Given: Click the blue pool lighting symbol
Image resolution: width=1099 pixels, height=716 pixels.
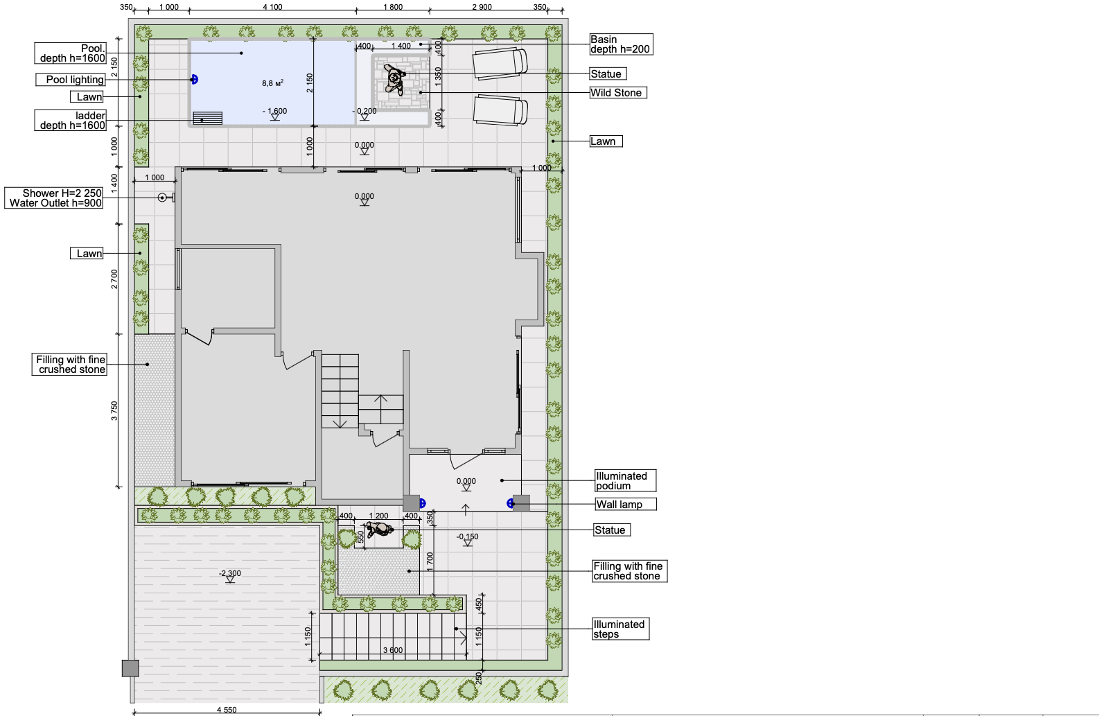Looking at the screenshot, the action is point(194,80).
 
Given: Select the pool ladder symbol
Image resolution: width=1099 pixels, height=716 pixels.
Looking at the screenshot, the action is point(207,118).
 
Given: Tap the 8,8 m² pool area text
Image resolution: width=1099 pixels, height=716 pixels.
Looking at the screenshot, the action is point(273,83).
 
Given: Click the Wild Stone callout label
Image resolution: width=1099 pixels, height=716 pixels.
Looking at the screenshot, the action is point(618,93).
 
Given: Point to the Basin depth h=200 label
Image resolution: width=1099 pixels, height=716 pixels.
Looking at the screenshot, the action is point(621,44).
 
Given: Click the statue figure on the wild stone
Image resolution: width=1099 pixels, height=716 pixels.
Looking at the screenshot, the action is point(394,78).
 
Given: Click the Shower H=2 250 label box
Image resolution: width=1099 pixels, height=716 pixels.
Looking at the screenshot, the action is point(54,198).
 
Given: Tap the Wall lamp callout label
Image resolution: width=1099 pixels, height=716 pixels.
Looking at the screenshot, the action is point(626,505).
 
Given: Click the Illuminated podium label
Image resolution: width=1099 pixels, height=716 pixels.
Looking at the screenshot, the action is point(626,480).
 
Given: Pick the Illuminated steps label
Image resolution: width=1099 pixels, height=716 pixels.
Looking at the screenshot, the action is point(621,629).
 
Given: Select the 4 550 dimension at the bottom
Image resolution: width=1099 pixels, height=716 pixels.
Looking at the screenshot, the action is point(227,710).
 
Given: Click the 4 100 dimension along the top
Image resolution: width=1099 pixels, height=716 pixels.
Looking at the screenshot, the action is point(273,7).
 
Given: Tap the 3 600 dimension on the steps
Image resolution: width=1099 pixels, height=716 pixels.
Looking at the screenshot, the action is point(392,650).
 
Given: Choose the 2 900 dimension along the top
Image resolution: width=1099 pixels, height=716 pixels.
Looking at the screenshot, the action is point(482,7).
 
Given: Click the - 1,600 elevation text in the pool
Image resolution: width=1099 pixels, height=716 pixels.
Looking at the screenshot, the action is point(274,111).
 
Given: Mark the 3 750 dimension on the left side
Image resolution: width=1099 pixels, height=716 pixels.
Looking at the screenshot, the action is point(114,411).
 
